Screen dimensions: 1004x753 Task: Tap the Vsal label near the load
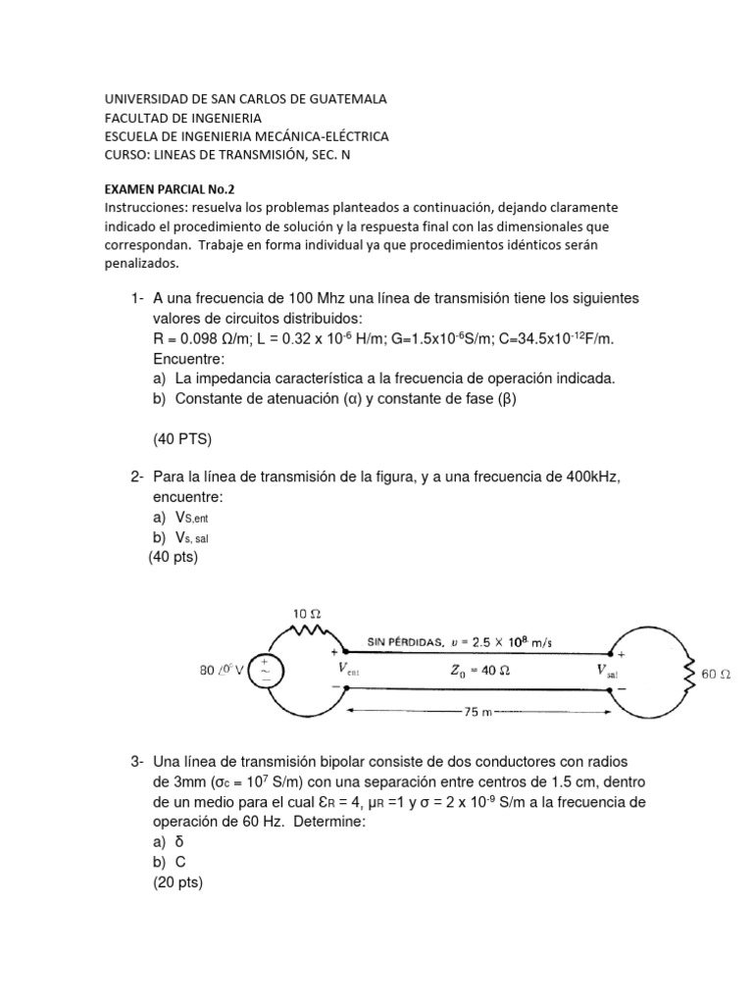point(609,672)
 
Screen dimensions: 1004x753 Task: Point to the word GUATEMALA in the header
point(343,99)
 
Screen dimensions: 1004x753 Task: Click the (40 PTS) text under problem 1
point(183,438)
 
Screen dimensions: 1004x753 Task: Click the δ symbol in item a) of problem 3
point(179,841)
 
